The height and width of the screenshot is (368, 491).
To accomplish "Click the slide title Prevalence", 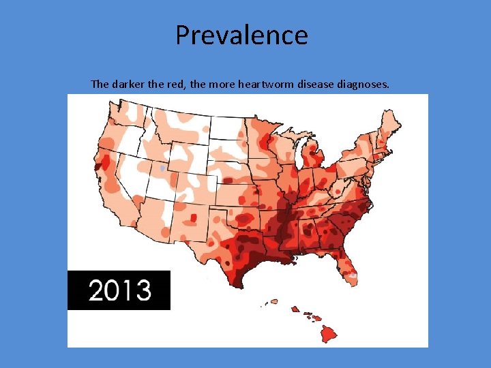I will (241, 35).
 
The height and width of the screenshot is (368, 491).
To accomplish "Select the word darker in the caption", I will (129, 85).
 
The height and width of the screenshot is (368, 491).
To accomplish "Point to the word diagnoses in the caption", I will (365, 85).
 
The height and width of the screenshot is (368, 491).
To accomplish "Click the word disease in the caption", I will (315, 85).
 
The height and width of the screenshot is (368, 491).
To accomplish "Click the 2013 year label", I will (119, 290).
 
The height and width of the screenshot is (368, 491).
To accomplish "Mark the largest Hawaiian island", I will (329, 333).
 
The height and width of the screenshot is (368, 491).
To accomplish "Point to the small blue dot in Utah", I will (162, 168).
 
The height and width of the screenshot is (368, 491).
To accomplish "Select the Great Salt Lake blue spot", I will (162, 168).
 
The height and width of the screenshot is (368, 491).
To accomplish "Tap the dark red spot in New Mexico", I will (194, 218).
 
